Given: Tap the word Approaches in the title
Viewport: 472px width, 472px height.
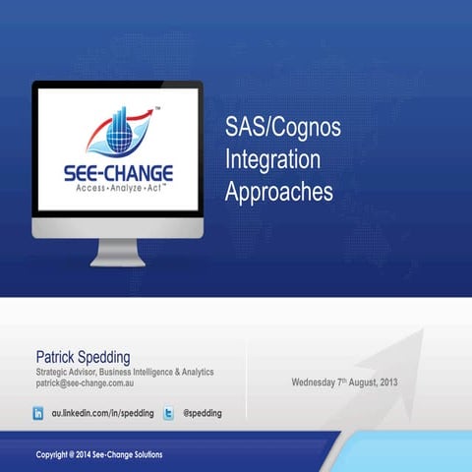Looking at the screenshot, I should (279, 191).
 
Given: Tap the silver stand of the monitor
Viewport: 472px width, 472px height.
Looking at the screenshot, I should (117, 251).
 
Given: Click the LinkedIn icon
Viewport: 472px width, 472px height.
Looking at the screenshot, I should (38, 414).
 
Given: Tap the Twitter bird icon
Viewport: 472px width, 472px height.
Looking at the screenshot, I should (168, 414).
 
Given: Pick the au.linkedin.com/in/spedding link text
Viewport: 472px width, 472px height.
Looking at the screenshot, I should (102, 414).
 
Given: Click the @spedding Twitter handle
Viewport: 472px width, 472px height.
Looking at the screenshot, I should (203, 414).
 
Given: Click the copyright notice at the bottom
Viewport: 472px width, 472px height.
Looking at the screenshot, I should (99, 454).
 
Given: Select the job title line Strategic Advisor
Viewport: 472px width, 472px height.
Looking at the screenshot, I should (124, 372).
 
